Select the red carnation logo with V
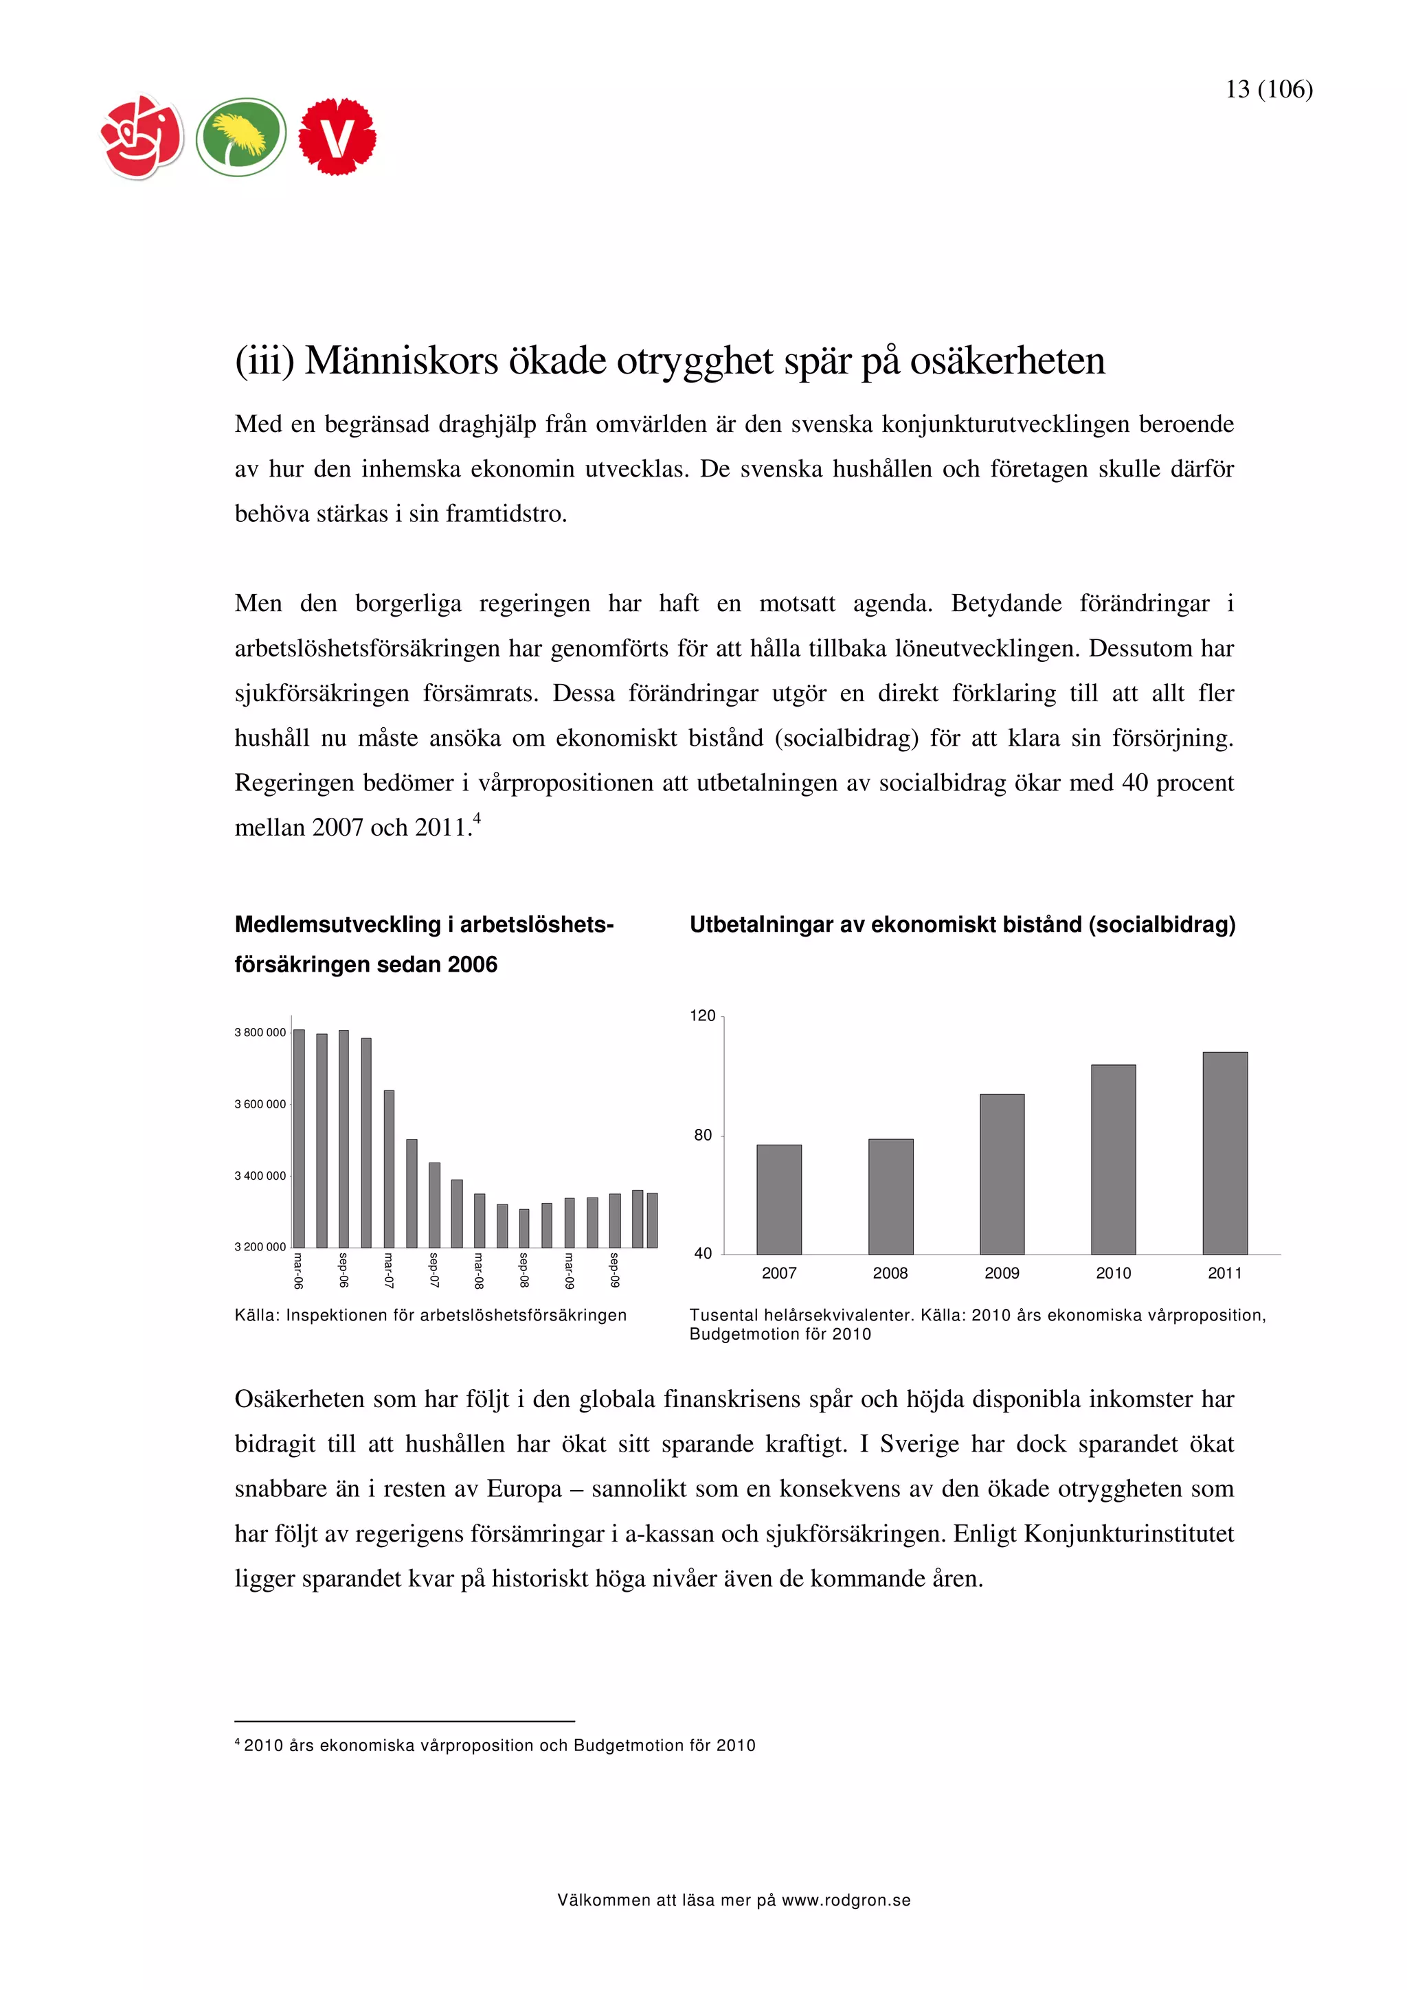(337, 137)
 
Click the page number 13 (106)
(1268, 89)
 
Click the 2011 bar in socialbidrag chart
(1224, 1153)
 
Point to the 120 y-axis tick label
(702, 1016)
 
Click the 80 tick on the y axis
(702, 1135)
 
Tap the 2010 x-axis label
(1113, 1273)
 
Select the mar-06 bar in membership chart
(299, 1138)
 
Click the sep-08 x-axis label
(524, 1270)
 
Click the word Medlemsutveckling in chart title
(337, 925)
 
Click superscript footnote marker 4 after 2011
(477, 817)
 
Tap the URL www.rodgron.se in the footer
(845, 1900)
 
